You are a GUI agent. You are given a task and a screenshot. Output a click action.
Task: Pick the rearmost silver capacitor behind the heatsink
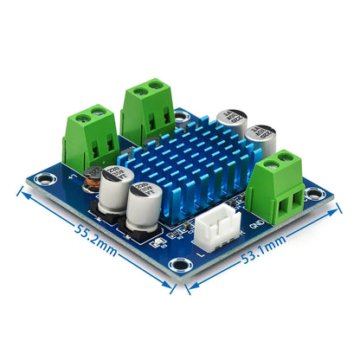[231, 123]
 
